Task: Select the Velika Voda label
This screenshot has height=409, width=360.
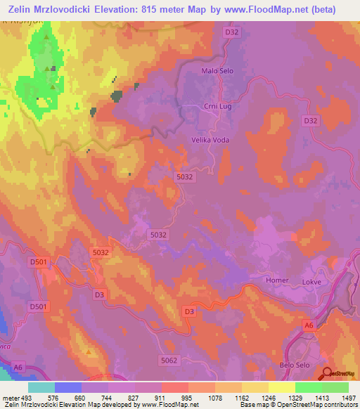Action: tap(211, 140)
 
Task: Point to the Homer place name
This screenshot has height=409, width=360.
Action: tap(277, 280)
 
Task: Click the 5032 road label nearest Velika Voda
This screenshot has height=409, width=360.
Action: tap(185, 177)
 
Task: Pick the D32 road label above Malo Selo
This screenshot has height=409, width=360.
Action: tap(232, 32)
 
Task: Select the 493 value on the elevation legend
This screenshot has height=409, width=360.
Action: tap(20, 397)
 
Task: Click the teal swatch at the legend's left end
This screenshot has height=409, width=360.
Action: tap(41, 387)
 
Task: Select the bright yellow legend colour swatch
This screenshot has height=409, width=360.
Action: tap(281, 387)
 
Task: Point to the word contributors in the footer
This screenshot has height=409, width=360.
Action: tap(337, 405)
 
